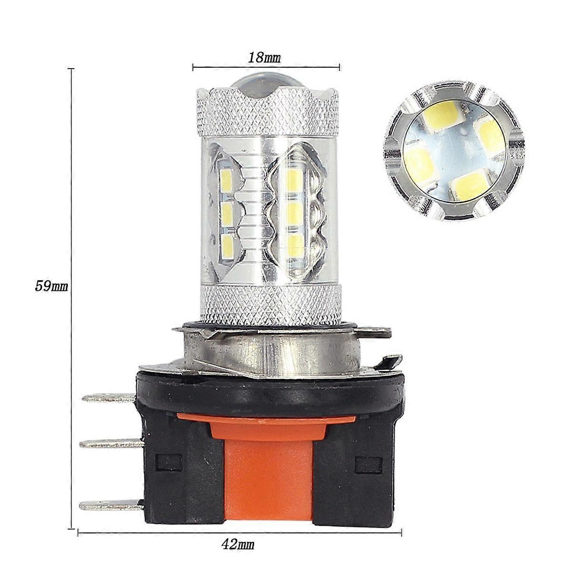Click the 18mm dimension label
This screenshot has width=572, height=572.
(x=264, y=58)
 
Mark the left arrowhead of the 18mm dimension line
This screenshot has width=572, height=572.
(x=194, y=67)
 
